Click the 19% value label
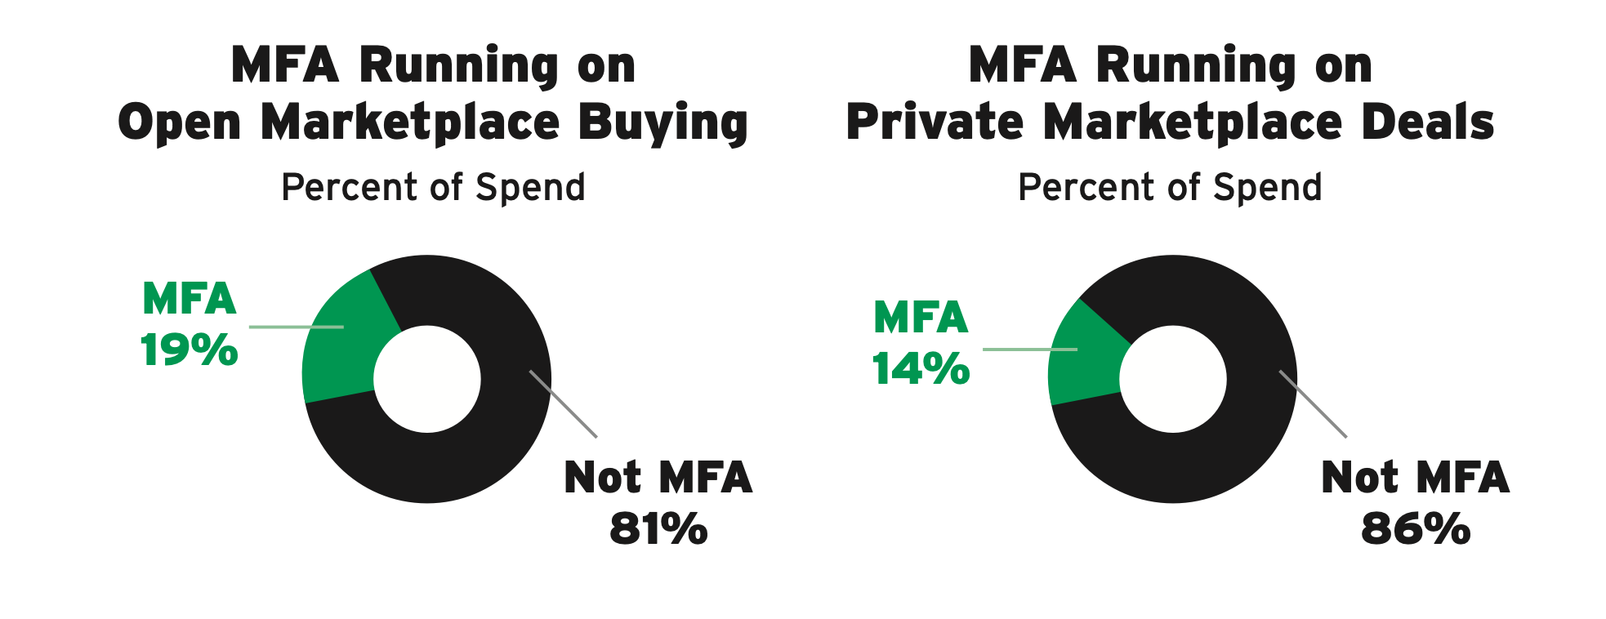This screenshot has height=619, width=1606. click(189, 351)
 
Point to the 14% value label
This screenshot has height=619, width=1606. click(921, 369)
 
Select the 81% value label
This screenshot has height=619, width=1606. click(658, 529)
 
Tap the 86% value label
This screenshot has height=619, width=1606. click(1416, 529)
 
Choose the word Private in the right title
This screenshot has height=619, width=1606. click(935, 122)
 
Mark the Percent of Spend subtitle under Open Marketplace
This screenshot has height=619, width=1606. click(433, 188)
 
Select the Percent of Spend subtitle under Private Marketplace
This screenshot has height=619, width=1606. click(1170, 188)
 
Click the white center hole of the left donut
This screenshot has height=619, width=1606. click(427, 379)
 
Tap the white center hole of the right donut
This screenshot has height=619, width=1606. click(1173, 379)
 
